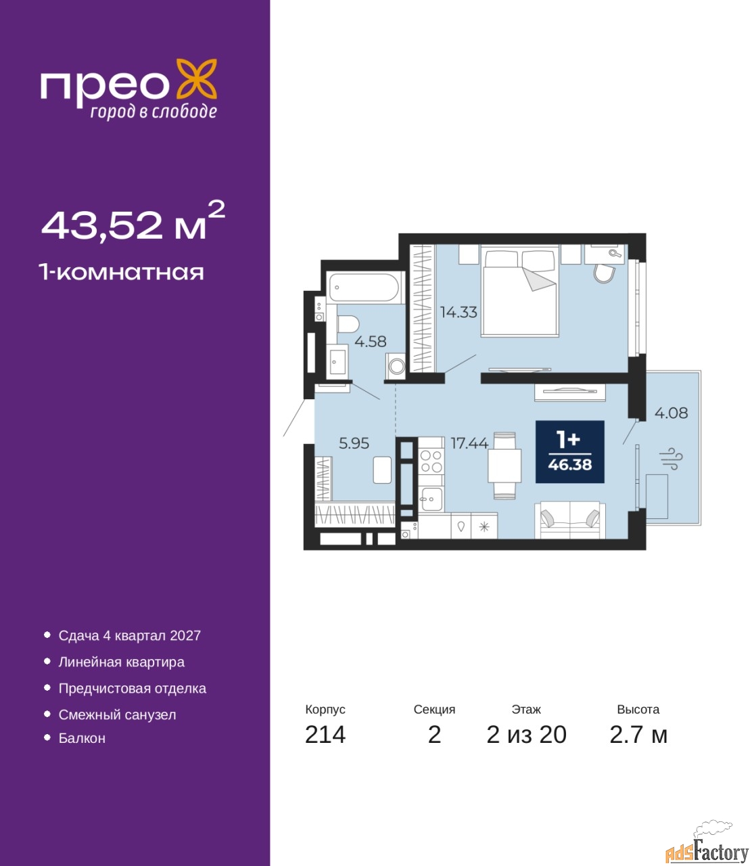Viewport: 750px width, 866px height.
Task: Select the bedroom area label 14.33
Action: coord(459,312)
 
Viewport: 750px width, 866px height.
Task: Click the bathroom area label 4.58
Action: coord(370,342)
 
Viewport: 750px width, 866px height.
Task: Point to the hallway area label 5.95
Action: coord(354,443)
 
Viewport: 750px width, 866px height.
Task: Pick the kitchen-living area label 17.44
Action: coord(469,443)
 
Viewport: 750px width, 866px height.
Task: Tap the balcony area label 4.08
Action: coord(672,413)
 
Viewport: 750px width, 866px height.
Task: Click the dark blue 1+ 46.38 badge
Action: coord(569,452)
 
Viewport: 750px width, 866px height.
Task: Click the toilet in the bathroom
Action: coord(348,325)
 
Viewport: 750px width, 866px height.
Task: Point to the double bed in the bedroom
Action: coord(519,291)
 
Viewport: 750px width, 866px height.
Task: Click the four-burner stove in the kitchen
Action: coord(431,461)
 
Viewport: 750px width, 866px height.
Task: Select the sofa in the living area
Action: coord(569,520)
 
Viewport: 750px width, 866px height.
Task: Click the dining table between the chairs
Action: coord(505,466)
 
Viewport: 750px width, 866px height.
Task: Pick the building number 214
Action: coord(325,747)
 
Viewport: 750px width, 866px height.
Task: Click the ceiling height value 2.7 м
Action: coord(638,747)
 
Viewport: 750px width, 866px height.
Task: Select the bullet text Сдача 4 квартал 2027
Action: coord(130,635)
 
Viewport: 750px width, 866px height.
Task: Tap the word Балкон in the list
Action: coord(82,738)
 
